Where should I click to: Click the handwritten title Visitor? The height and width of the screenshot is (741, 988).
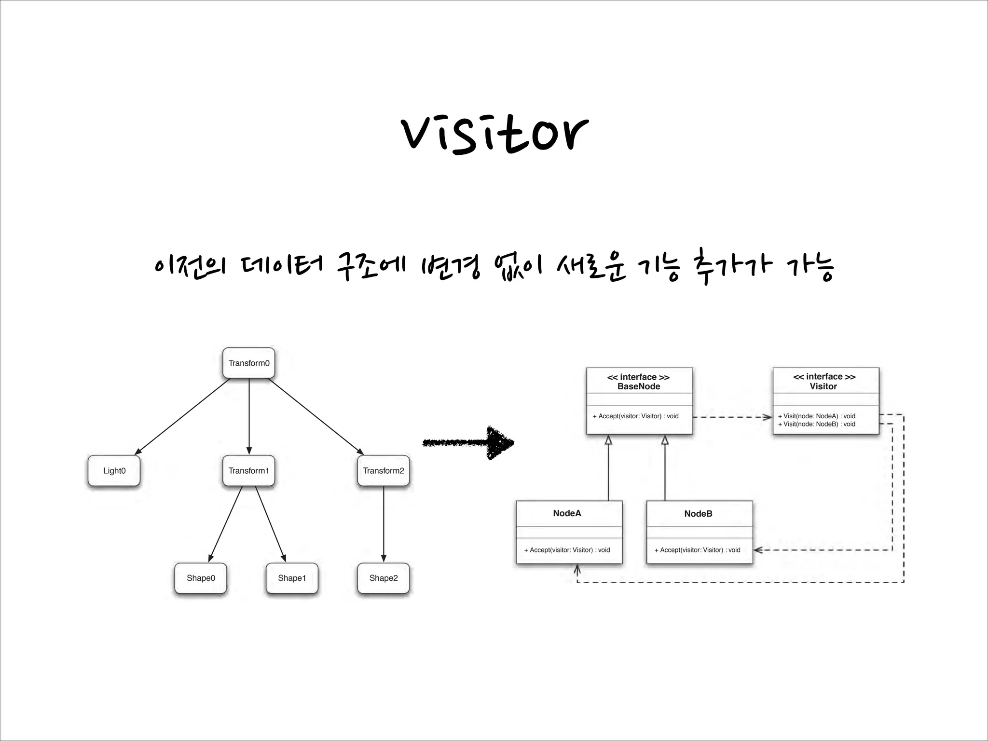pyautogui.click(x=494, y=134)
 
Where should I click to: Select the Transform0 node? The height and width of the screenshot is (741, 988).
pyautogui.click(x=249, y=363)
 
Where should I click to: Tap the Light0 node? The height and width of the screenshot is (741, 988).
pyautogui.click(x=114, y=470)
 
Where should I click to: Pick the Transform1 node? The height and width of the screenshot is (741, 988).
pyautogui.click(x=249, y=470)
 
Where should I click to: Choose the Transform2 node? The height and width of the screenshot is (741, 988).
pyautogui.click(x=384, y=470)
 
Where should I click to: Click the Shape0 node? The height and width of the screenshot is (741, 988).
pyautogui.click(x=201, y=578)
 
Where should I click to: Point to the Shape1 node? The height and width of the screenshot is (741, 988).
pyautogui.click(x=292, y=578)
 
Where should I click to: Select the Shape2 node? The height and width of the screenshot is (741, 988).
pyautogui.click(x=384, y=578)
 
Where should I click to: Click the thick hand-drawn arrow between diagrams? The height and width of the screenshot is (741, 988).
pyautogui.click(x=468, y=442)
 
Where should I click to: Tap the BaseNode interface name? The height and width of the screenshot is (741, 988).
pyautogui.click(x=639, y=386)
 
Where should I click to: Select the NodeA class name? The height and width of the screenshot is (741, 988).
pyautogui.click(x=567, y=513)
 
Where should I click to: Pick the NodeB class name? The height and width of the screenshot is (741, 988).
pyautogui.click(x=698, y=514)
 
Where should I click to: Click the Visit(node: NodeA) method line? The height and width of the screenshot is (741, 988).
pyautogui.click(x=817, y=416)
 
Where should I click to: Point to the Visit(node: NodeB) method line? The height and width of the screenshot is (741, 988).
pyautogui.click(x=817, y=424)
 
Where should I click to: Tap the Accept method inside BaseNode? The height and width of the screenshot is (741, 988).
pyautogui.click(x=636, y=416)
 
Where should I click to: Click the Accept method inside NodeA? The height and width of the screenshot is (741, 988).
pyautogui.click(x=567, y=550)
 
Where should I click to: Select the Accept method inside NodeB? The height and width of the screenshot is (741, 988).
pyautogui.click(x=698, y=550)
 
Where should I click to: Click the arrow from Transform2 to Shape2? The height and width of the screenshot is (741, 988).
pyautogui.click(x=384, y=523)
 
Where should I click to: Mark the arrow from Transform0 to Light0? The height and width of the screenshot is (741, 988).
pyautogui.click(x=183, y=416)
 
